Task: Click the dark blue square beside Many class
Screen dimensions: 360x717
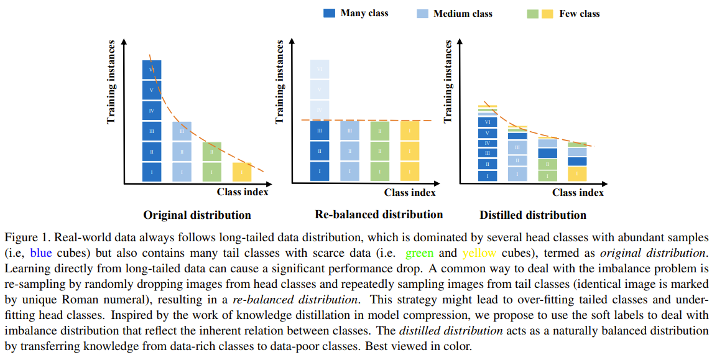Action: [x=330, y=13]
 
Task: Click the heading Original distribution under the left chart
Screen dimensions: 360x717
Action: [x=197, y=215]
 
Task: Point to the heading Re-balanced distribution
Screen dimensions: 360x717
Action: [x=379, y=215]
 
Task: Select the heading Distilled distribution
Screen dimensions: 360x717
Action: [x=532, y=215]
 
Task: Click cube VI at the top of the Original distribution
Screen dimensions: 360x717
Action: [x=152, y=70]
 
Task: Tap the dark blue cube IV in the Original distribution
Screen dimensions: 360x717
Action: [x=152, y=111]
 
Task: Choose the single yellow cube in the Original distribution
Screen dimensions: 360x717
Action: [x=242, y=172]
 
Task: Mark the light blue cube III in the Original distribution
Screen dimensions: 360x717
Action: [x=182, y=131]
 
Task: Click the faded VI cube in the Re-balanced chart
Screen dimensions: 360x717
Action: [x=320, y=70]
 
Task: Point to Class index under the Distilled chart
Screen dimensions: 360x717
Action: [x=578, y=192]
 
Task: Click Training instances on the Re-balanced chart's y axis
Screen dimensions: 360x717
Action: [x=280, y=81]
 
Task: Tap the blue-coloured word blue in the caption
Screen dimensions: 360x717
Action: [x=41, y=254]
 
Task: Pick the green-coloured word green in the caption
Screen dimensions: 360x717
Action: [x=419, y=254]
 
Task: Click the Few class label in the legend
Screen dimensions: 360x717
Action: [x=580, y=13]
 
